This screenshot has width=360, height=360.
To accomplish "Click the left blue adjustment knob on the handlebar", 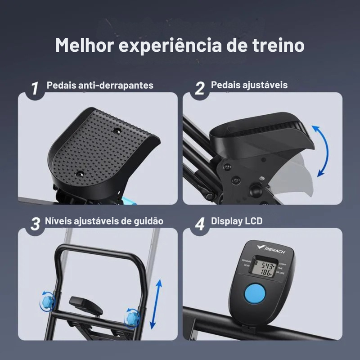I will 47,299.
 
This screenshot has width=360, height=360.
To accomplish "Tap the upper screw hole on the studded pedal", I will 118,130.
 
